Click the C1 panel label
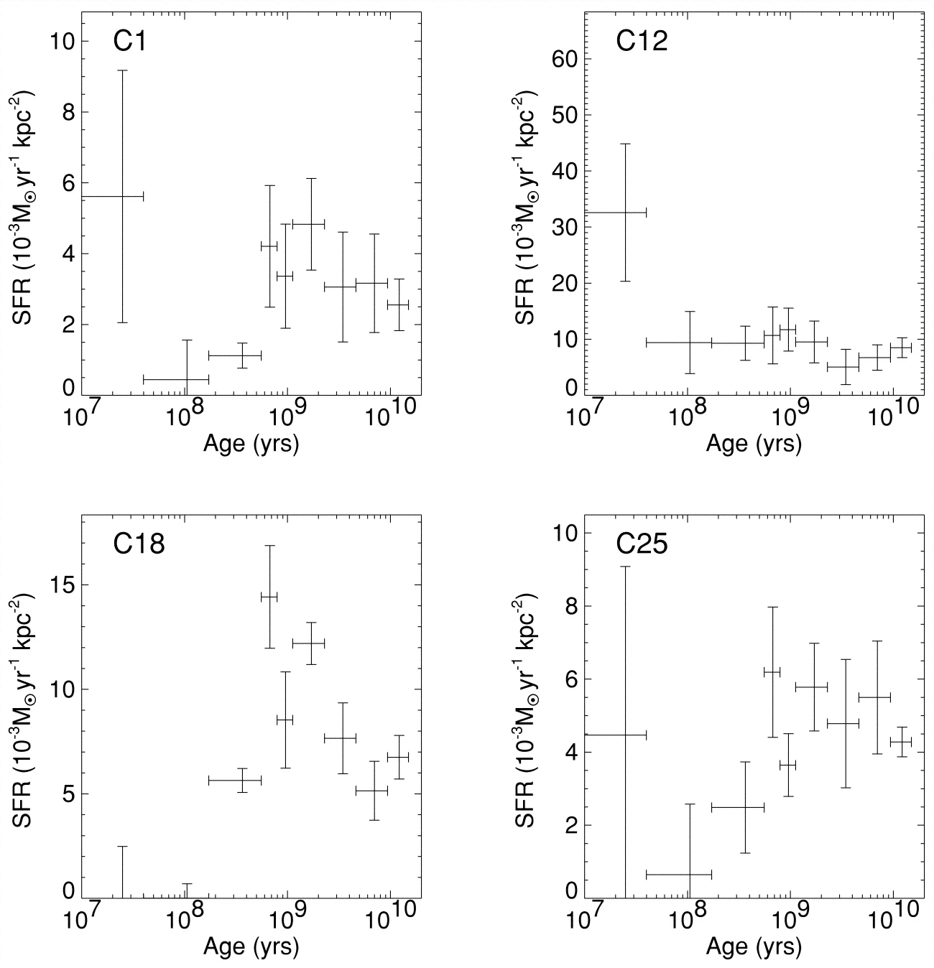pos(130,42)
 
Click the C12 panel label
pos(642,42)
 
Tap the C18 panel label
pos(139,544)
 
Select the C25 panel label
pos(642,544)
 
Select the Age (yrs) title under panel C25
pos(754,948)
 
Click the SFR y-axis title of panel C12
pos(529,206)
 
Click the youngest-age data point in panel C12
pos(626,213)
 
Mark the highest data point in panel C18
pos(269,596)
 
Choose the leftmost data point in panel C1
pos(122,196)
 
